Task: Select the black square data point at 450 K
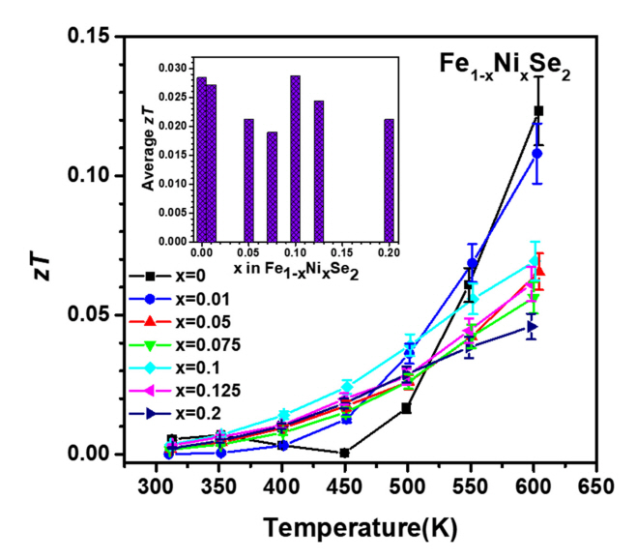pyautogui.click(x=344, y=452)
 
